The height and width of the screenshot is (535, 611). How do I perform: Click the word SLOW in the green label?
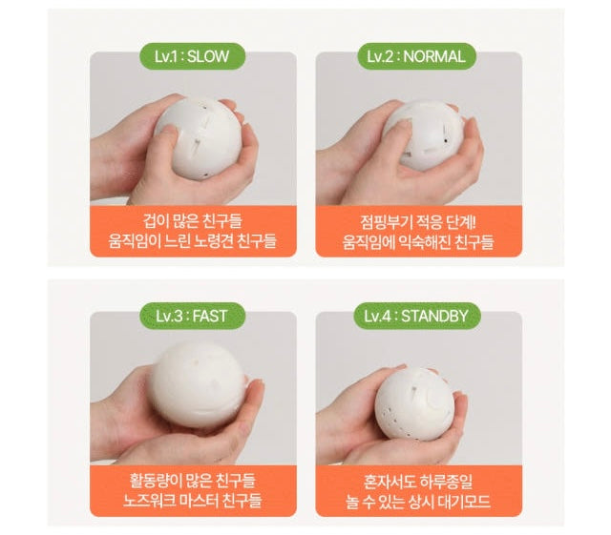click(208, 57)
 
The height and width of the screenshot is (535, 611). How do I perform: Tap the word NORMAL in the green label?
click(434, 57)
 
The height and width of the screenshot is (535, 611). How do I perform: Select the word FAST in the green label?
click(210, 317)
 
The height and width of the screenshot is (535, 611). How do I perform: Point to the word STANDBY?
click(434, 317)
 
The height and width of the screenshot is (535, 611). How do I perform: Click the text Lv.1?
click(166, 57)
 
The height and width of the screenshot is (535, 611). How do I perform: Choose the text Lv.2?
click(380, 57)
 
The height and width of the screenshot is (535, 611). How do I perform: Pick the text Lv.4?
click(378, 317)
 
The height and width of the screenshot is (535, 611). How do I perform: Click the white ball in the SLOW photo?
click(199, 137)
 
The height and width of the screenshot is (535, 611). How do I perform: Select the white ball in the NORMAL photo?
click(424, 134)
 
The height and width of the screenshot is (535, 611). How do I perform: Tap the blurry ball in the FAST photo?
click(199, 384)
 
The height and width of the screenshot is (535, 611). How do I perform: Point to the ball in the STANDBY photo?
click(414, 404)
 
